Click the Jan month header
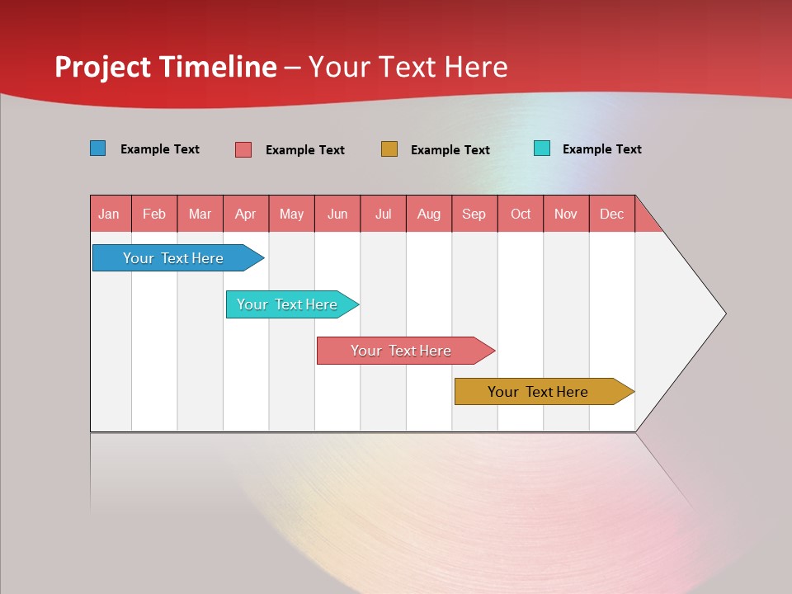point(110,214)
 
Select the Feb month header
point(154,214)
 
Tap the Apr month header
point(246,214)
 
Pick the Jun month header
point(337,214)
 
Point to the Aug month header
point(429,214)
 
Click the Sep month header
point(474,214)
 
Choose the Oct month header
point(521,214)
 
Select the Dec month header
point(612,214)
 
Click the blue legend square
point(98,148)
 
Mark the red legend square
point(243,149)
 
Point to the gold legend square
point(389,148)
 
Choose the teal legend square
point(542,148)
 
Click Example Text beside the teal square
point(601,149)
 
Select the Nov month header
point(566,214)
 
